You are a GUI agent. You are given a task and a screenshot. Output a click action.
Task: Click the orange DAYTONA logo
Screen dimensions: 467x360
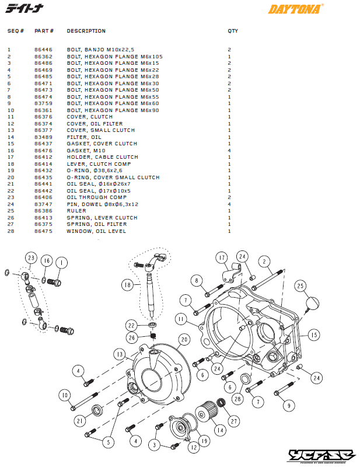click(x=295, y=9)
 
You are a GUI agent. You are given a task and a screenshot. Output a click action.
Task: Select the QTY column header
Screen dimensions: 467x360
click(x=233, y=31)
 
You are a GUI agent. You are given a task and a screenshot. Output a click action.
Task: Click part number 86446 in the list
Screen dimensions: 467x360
click(x=43, y=50)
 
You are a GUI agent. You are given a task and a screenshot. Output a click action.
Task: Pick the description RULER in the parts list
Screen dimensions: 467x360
click(x=76, y=211)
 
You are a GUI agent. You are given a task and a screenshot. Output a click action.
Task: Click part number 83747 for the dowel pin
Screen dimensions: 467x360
click(x=43, y=204)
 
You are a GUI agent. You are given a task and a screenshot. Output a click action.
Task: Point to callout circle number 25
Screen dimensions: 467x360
click(x=300, y=287)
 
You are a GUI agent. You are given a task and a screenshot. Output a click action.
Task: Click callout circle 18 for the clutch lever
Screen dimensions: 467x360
click(x=128, y=285)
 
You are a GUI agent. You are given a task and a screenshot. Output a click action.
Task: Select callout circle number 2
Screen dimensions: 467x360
click(x=264, y=262)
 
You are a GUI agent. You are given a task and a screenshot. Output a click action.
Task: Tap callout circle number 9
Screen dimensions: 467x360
click(x=287, y=405)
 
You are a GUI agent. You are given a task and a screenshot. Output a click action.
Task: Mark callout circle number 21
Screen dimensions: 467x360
click(x=80, y=420)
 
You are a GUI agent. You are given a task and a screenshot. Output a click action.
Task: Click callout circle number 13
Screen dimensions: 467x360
click(x=118, y=354)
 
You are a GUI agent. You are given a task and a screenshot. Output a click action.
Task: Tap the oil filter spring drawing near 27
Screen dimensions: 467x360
click(x=222, y=403)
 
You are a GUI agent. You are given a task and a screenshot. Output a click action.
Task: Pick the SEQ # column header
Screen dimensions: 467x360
click(x=15, y=31)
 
